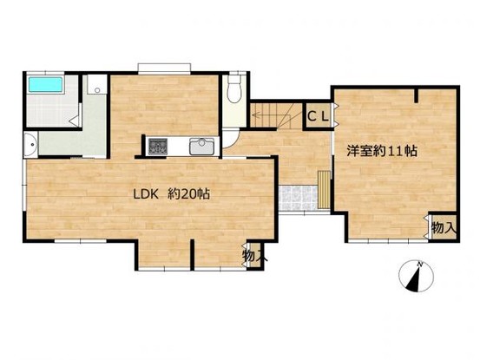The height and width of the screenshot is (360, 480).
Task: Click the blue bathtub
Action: [46, 84]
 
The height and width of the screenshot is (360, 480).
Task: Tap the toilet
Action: [235, 88]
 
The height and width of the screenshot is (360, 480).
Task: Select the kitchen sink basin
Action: [201, 147]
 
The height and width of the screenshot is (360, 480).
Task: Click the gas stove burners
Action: [158, 147]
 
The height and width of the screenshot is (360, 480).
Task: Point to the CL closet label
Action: [318, 116]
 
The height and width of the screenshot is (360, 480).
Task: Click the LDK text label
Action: [146, 194]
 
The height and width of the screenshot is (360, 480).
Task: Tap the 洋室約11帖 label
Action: [382, 151]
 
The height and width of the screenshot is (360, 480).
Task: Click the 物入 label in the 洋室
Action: [444, 228]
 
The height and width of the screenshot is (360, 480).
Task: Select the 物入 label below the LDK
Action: [254, 256]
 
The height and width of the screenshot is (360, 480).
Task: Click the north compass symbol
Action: [417, 277]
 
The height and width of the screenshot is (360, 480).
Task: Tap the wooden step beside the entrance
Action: [324, 190]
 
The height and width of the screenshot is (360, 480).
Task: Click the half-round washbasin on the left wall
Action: [30, 144]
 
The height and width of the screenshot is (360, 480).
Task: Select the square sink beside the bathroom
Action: [96, 84]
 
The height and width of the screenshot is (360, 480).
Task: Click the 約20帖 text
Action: [188, 194]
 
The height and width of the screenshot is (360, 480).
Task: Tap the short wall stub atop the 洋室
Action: [416, 95]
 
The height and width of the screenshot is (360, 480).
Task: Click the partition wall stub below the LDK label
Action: [192, 254]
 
